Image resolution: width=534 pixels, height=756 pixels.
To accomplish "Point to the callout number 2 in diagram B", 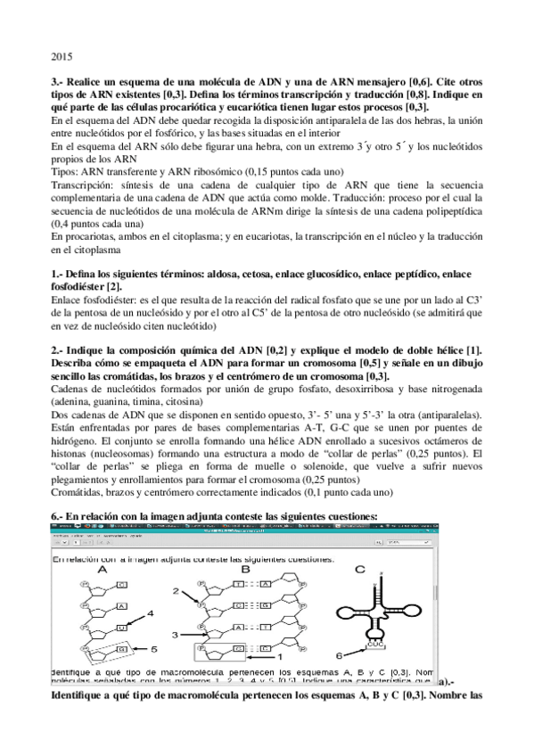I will tap(177, 590).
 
